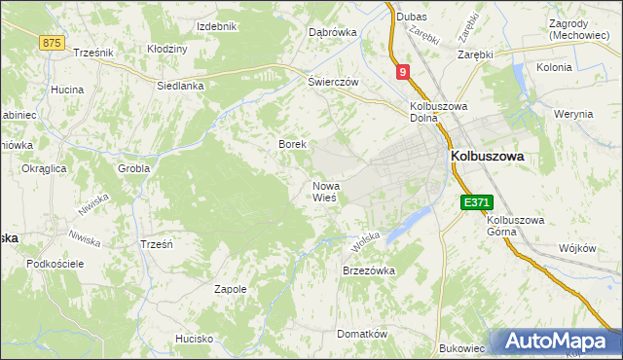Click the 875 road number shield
[x=53, y=43]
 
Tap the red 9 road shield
[x=403, y=71]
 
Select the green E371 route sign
[x=477, y=202]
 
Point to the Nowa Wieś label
[x=325, y=191]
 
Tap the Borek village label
[x=293, y=144]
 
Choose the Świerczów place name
[x=334, y=82]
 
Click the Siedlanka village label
[x=180, y=86]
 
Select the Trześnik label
[x=94, y=53]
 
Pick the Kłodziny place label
[x=166, y=49]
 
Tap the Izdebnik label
[x=217, y=25]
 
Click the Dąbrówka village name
[x=333, y=32]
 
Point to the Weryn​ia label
[x=573, y=114]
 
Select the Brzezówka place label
[x=368, y=271]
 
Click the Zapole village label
[x=230, y=289]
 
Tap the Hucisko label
[x=194, y=339]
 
